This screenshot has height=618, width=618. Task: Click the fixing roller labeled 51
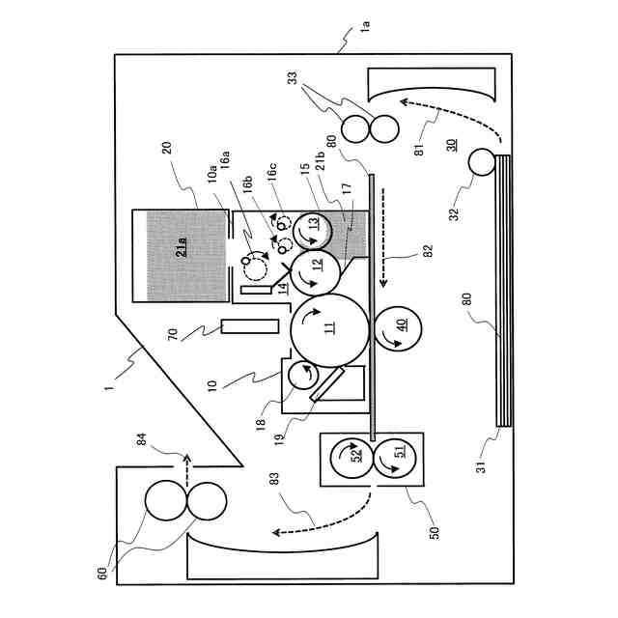[x=399, y=451]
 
